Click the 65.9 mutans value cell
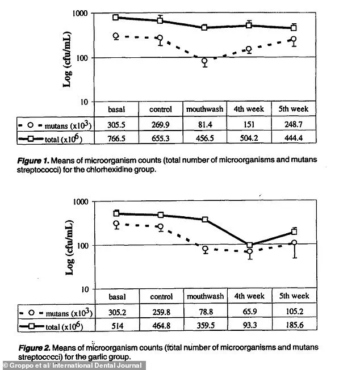tap(249, 312)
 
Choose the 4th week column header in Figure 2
tap(249, 296)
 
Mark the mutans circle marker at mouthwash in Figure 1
tap(204, 61)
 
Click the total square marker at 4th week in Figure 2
tap(249, 245)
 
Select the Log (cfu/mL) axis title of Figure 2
tap(69, 245)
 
